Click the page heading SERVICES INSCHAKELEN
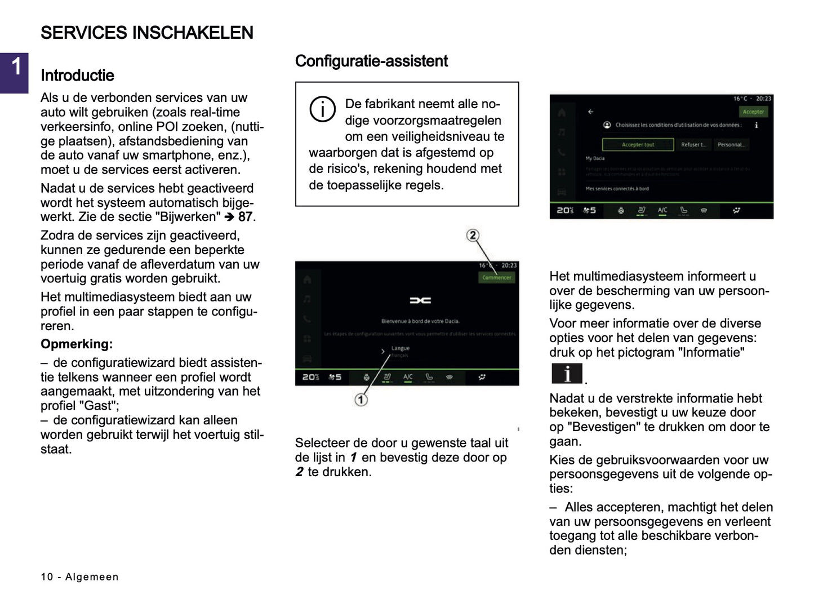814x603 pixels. click(x=147, y=33)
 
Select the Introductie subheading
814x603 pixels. click(x=77, y=76)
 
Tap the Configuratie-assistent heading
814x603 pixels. click(x=371, y=61)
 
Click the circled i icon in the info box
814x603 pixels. click(x=322, y=109)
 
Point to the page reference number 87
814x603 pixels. click(x=245, y=217)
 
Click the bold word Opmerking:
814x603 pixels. click(x=77, y=344)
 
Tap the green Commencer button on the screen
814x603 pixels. click(x=496, y=277)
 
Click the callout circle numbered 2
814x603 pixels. click(x=473, y=236)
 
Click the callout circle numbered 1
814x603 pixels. click(x=361, y=400)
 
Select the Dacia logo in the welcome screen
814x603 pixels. click(x=420, y=300)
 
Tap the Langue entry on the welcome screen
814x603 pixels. click(x=400, y=349)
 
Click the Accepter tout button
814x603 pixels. click(x=638, y=145)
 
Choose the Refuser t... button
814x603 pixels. click(x=693, y=145)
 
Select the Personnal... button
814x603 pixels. click(x=731, y=145)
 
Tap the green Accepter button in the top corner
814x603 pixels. click(x=753, y=112)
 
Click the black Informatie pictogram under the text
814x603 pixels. click(x=567, y=374)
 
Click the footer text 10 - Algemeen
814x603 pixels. click(x=80, y=577)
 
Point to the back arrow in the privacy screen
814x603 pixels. click(x=590, y=112)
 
